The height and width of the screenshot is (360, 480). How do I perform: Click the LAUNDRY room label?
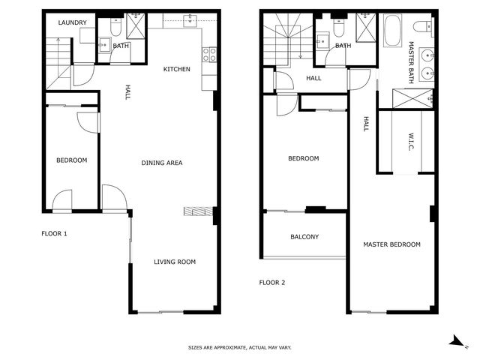(72, 22)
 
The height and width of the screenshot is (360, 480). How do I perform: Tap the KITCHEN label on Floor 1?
(177, 69)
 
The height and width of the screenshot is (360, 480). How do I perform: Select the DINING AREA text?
(162, 163)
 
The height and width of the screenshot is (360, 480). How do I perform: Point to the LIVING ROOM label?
(175, 262)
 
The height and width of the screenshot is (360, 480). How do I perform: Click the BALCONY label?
(304, 237)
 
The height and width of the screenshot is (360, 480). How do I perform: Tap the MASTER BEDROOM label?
(391, 244)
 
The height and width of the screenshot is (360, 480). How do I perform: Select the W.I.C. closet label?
(411, 142)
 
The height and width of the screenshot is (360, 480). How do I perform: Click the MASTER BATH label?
(411, 62)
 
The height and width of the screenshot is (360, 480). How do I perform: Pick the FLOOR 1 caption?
(54, 233)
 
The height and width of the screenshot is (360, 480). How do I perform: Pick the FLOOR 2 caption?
(272, 283)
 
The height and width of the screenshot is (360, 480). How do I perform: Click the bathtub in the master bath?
(393, 31)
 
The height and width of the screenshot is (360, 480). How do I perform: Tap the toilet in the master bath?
(423, 26)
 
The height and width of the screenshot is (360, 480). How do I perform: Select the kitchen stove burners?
(209, 55)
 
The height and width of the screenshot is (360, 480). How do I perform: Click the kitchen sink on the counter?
(190, 20)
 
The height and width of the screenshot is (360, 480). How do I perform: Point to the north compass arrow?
(457, 341)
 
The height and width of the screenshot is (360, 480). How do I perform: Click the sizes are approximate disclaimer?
(240, 347)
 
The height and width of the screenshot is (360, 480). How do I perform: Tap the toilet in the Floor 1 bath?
(115, 27)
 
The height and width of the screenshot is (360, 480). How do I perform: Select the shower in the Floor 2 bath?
(365, 28)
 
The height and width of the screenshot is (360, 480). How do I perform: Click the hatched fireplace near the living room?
(198, 211)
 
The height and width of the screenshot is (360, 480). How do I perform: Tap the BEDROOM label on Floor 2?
(304, 158)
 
